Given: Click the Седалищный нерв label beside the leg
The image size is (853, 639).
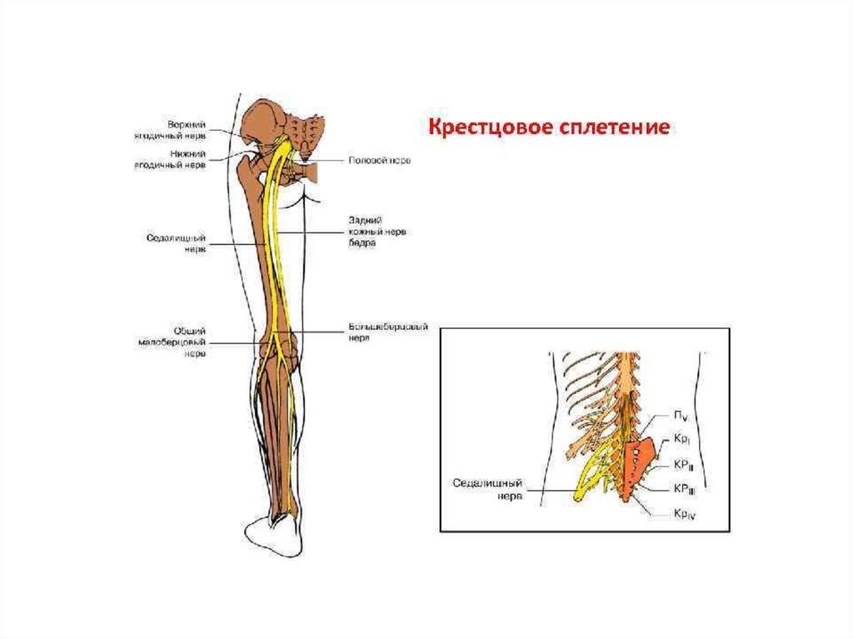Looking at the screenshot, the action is (x=182, y=242).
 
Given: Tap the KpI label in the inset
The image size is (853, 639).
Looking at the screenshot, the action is (x=681, y=440).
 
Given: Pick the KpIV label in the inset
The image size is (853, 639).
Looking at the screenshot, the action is (x=685, y=514).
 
